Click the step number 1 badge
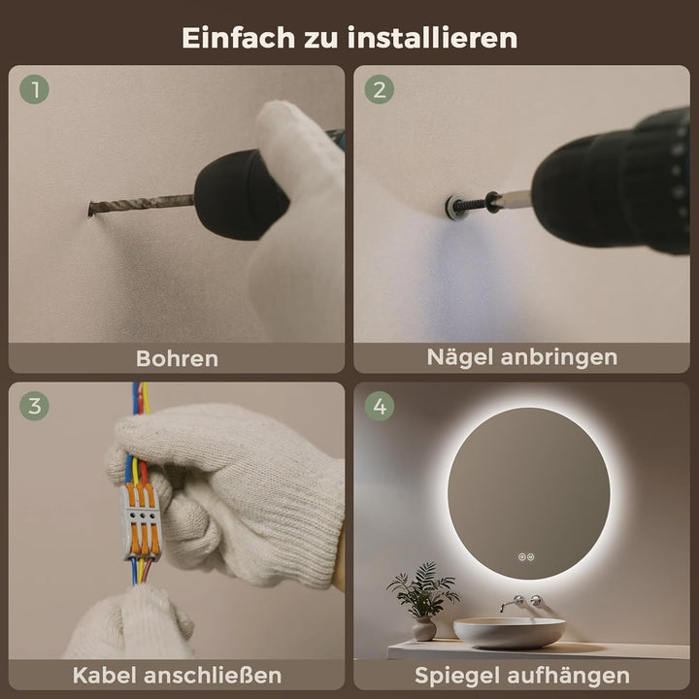[x=36, y=91]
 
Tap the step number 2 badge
[x=380, y=91]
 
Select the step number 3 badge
[x=36, y=407]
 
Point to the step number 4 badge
[x=380, y=407]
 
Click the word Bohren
[x=177, y=357]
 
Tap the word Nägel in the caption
[x=461, y=356]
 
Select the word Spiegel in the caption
[x=454, y=674]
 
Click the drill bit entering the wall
[x=136, y=205]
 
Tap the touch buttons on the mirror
[x=527, y=557]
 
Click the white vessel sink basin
[x=509, y=632]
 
